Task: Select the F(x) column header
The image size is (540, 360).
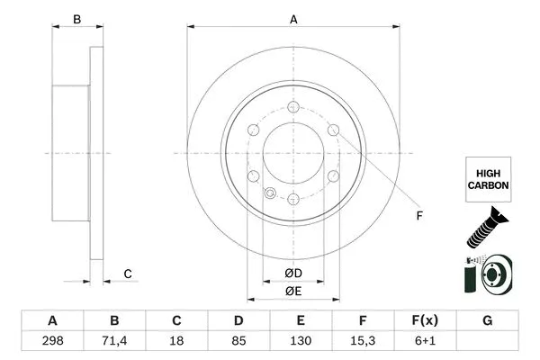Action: (426, 321)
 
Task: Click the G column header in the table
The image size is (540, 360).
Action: (488, 321)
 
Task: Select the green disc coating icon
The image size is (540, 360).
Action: (487, 274)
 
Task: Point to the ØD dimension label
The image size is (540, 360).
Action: (293, 273)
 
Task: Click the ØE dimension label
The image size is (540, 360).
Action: (293, 291)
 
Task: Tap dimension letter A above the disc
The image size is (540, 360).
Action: (293, 19)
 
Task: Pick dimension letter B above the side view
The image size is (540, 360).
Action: (76, 19)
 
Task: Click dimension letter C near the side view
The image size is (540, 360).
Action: (128, 274)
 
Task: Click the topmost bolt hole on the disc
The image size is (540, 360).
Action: (293, 106)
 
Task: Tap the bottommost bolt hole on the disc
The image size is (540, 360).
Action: (293, 197)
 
